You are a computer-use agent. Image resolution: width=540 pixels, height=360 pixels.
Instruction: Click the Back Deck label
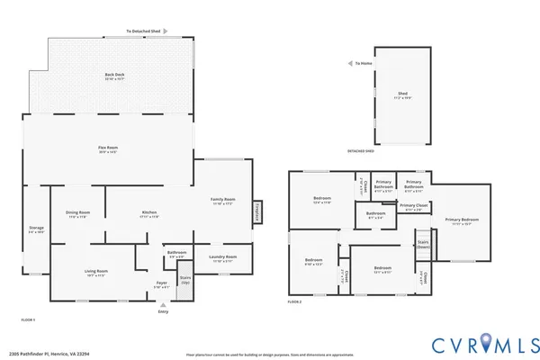tap(114, 76)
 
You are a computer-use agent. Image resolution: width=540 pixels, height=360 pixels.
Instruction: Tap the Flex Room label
tap(108, 148)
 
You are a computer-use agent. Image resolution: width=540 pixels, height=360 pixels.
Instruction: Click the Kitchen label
tap(149, 213)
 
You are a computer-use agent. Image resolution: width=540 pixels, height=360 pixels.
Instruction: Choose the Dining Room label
tap(77, 213)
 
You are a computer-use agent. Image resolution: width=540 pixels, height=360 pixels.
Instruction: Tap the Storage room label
tap(36, 229)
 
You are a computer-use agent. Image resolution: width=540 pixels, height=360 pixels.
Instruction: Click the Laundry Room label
tap(222, 257)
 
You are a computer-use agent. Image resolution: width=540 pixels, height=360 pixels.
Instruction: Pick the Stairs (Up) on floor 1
tap(184, 280)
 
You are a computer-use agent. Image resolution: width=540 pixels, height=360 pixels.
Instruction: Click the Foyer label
tap(162, 283)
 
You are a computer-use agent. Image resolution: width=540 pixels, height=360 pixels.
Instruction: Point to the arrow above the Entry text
tap(163, 304)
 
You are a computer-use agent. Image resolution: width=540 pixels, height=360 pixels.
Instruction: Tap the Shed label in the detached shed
tap(402, 93)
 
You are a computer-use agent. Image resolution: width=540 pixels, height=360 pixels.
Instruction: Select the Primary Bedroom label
tap(461, 220)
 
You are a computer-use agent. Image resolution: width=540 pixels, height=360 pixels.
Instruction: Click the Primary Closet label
tap(414, 206)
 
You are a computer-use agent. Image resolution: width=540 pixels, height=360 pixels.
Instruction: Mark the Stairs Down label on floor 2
tap(423, 244)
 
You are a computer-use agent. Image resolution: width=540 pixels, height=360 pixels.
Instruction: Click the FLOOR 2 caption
tap(294, 301)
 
